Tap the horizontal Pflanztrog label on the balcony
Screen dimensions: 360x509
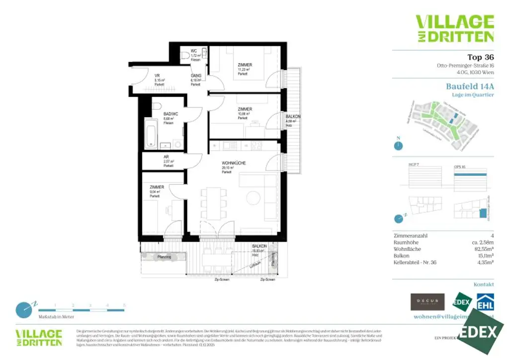[164, 257]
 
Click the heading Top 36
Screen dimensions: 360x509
[480, 57]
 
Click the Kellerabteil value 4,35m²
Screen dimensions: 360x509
[484, 262]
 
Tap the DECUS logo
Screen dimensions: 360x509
[427, 302]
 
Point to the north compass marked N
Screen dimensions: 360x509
[398, 145]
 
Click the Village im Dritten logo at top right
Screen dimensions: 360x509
[454, 28]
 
